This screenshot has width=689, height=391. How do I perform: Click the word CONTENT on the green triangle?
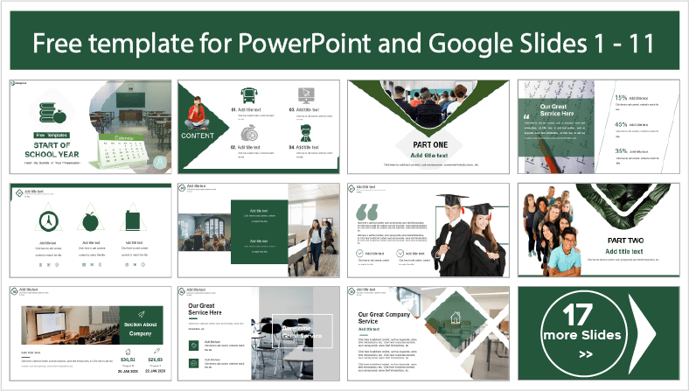pos(198,136)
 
